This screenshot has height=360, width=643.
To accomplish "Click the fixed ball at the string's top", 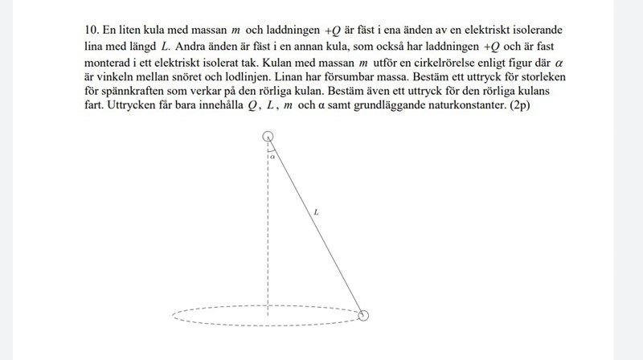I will click(268, 137).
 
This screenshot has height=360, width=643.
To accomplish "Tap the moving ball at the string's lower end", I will click(363, 316).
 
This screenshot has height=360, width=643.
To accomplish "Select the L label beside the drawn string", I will click(317, 213).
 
